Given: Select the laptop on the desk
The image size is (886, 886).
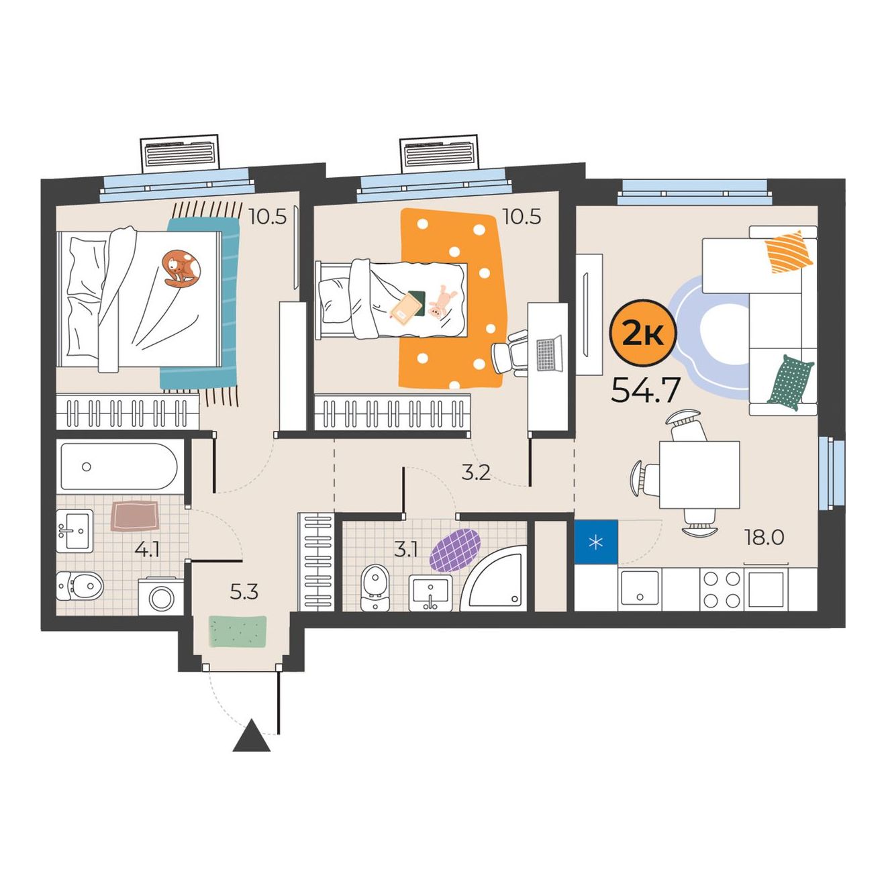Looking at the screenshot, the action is (x=549, y=354).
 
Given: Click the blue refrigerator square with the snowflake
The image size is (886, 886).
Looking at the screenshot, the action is (x=596, y=541).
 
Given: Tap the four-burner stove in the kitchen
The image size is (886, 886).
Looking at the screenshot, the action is (x=721, y=589).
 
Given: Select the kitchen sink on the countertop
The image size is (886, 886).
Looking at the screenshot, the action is (x=640, y=589).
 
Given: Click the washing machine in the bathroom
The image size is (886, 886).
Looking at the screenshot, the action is (x=161, y=596).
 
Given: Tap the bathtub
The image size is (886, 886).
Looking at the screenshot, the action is (x=119, y=466).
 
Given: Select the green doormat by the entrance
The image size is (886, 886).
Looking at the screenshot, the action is (x=238, y=632).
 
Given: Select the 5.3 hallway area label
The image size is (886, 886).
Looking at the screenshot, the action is (x=244, y=592).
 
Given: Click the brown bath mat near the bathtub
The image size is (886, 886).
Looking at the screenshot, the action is (x=134, y=516).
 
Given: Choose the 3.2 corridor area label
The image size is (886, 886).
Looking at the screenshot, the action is (x=476, y=473).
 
